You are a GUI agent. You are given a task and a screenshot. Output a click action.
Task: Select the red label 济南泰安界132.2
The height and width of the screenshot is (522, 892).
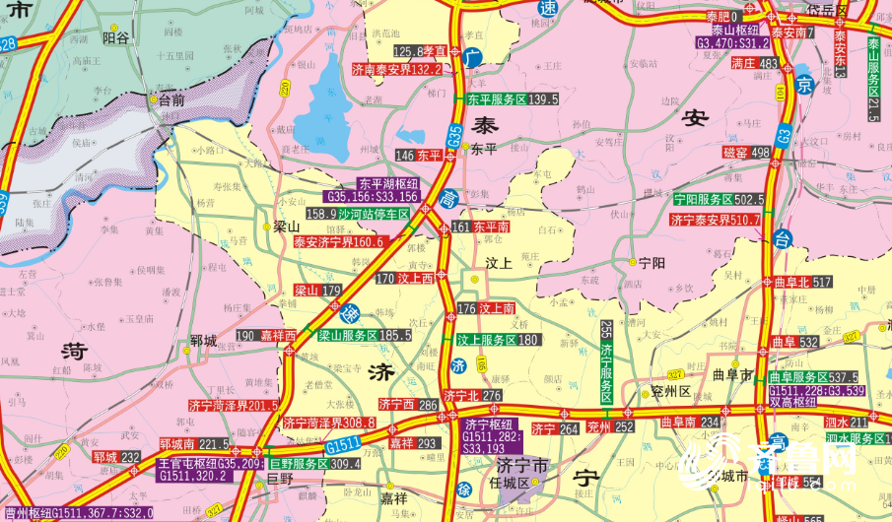397,70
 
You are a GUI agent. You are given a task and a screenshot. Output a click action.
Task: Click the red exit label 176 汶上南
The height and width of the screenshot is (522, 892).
487,309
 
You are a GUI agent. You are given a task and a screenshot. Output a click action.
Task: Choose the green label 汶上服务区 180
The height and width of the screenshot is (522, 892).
499,340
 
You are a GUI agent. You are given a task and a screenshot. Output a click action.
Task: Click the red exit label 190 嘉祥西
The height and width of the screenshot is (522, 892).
267,336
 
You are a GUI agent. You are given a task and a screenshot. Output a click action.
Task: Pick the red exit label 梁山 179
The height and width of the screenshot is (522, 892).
317,291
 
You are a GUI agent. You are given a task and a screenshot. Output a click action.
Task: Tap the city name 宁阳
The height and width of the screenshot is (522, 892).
652,263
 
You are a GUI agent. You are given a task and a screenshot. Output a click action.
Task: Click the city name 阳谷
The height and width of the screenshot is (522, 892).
115,36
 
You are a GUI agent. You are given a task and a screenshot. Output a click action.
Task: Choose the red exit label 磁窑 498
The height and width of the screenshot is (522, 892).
746,152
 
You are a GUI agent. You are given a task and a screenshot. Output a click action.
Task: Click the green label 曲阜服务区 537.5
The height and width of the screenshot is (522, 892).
812,377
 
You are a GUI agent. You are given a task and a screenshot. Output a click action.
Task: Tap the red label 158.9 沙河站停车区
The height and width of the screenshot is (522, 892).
358,213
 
